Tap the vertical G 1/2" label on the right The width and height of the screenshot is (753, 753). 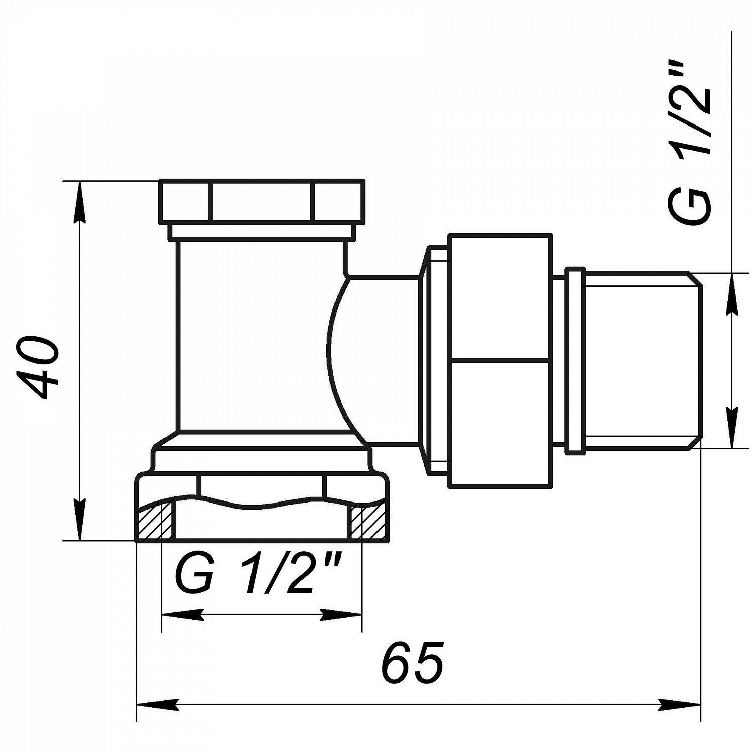click(x=690, y=144)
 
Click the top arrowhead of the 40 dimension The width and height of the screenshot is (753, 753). click(x=79, y=201)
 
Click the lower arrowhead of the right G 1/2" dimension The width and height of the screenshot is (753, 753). click(x=732, y=427)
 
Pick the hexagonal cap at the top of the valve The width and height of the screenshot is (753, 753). click(x=262, y=201)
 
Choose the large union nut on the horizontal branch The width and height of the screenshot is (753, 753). click(x=499, y=360)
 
